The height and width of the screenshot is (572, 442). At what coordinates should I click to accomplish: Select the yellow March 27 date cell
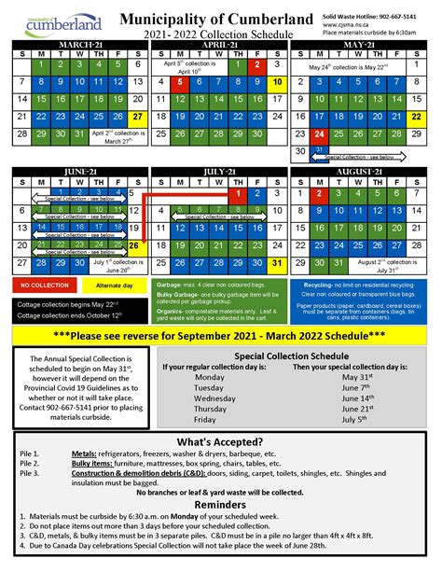138,117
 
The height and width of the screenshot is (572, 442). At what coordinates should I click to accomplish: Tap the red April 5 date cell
179,82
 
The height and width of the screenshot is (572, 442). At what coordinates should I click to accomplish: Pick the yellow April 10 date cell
278,82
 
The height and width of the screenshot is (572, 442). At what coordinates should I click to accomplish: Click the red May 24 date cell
321,133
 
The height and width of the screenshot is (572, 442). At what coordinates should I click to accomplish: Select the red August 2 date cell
321,194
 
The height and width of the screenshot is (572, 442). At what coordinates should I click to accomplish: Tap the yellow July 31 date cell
278,263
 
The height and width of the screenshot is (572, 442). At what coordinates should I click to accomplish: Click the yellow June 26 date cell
137,246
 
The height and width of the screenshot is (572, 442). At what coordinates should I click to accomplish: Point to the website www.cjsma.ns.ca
368,25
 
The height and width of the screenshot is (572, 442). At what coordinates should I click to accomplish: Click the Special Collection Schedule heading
292,356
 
